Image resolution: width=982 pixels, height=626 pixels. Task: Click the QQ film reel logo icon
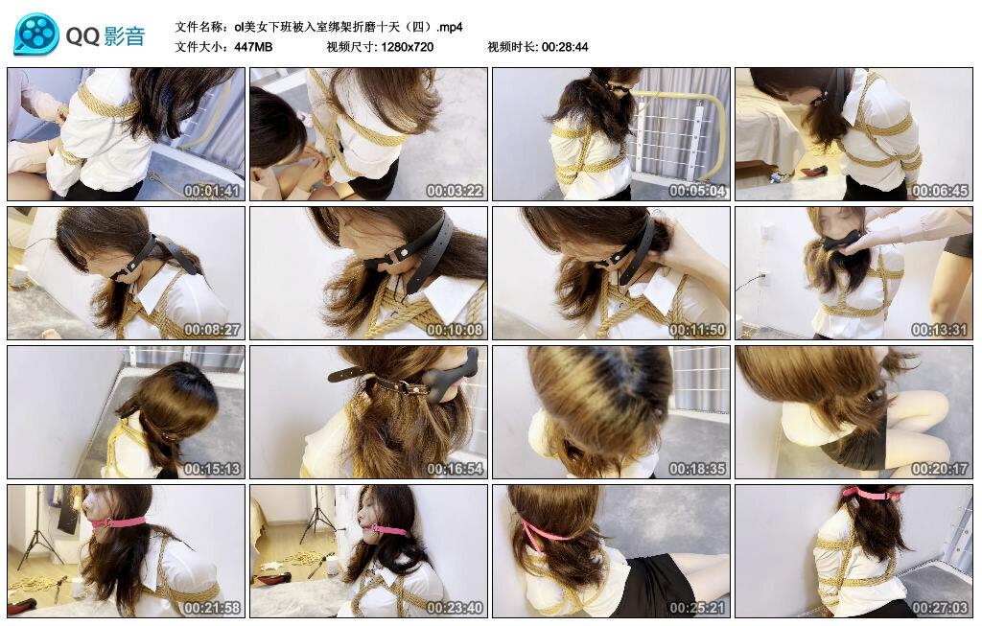[36, 35]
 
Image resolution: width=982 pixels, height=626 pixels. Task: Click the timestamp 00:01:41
[212, 191]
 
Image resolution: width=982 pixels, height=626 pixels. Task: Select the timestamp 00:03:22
[455, 191]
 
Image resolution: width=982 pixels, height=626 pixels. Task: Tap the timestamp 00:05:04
[697, 191]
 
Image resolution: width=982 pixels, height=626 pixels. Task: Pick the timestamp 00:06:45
[940, 191]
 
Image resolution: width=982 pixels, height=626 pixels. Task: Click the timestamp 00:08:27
[212, 330]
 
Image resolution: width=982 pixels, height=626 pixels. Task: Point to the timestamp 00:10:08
[455, 330]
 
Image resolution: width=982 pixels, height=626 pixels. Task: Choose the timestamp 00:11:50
[697, 330]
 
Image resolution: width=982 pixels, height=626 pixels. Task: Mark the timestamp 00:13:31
[940, 330]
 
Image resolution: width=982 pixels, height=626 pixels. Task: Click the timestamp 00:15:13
[212, 469]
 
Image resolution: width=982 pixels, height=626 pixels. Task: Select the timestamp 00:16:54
[455, 469]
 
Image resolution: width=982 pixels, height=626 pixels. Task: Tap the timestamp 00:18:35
[697, 469]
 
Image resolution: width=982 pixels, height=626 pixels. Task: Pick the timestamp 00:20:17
[940, 469]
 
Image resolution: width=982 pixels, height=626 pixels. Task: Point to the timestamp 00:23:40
[455, 608]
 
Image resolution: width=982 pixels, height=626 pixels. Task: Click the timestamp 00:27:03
[940, 608]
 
